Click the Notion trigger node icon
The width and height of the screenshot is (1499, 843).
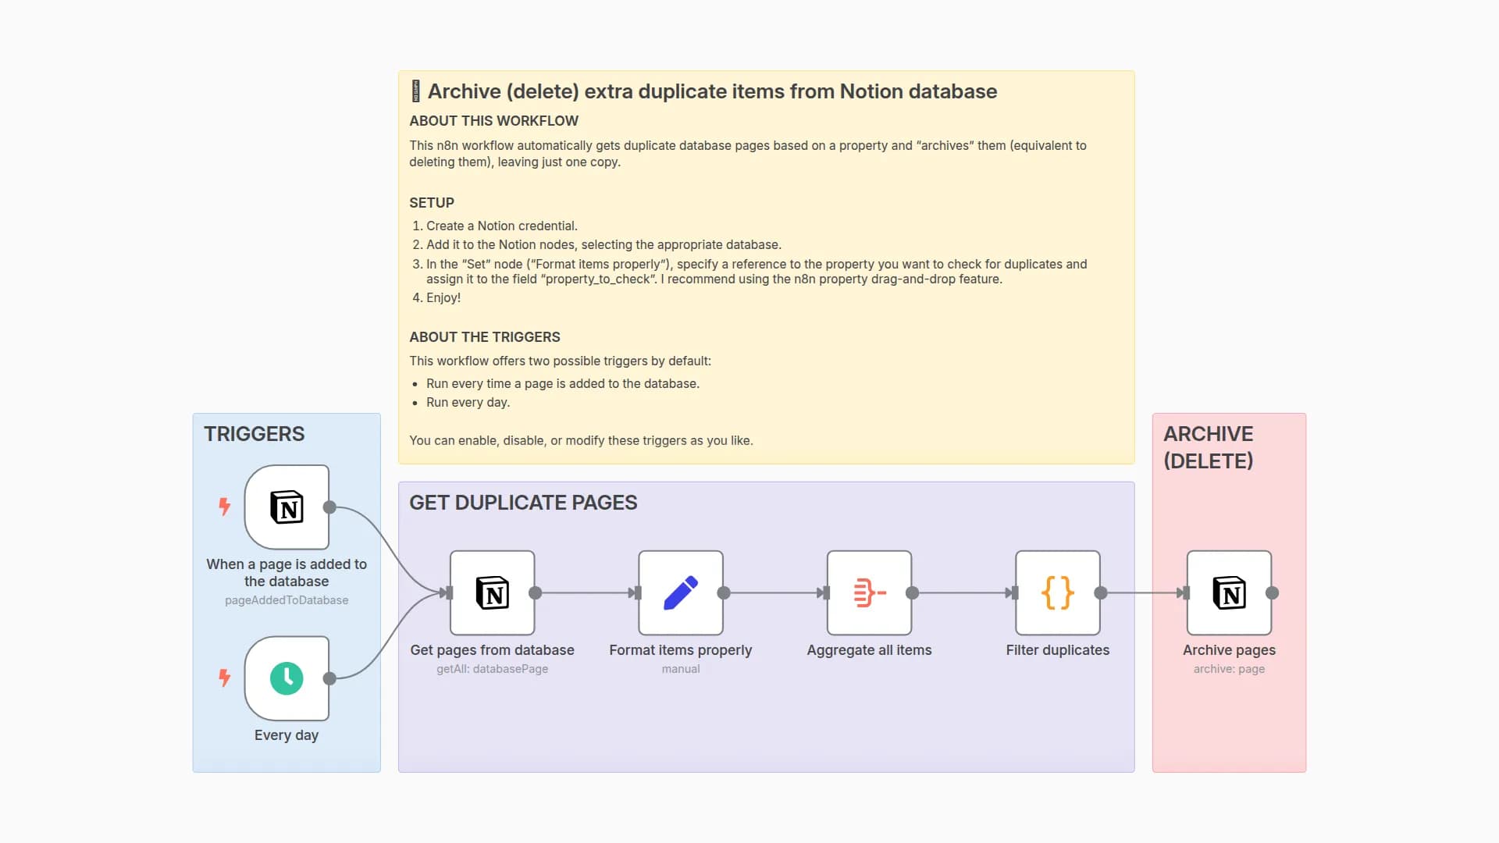tap(287, 507)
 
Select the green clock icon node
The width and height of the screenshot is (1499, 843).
tap(287, 678)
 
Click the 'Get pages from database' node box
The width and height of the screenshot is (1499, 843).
tap(492, 592)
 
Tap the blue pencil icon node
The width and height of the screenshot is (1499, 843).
tap(680, 592)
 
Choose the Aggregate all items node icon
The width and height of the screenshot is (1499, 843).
tap(869, 592)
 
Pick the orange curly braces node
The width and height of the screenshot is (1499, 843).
tap(1057, 592)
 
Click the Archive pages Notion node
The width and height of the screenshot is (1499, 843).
tap(1229, 592)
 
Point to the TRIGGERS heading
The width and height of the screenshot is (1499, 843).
tap(255, 434)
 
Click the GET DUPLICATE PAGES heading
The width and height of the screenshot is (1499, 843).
tap(523, 503)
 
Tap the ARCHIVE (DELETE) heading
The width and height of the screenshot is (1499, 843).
tap(1209, 447)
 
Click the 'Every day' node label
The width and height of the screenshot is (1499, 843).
tap(287, 735)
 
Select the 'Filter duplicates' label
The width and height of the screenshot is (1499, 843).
tap(1057, 650)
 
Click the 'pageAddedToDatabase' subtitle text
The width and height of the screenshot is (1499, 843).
tap(287, 600)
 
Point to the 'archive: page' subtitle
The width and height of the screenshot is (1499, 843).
tap(1229, 669)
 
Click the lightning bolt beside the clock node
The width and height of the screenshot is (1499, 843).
tap(225, 678)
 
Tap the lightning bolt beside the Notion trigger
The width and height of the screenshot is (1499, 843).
tap(225, 507)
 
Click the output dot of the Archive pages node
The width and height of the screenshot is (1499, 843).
tap(1272, 593)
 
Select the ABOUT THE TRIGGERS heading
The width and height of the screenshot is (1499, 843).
tap(485, 337)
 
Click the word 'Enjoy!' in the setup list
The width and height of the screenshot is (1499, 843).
tap(443, 298)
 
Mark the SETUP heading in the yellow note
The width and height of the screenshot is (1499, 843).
tap(432, 203)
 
